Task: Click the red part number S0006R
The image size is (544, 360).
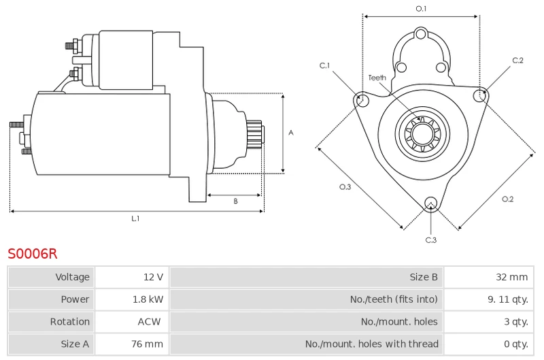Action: (32, 254)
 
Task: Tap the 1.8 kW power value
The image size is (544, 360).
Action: (148, 299)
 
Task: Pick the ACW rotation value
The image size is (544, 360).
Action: (149, 321)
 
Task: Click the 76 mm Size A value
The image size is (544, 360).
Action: (147, 344)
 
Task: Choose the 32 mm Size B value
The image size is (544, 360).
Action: (512, 277)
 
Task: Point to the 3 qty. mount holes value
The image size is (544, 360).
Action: (516, 322)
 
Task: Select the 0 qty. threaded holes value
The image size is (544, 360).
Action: (516, 344)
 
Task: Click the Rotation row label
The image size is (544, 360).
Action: (70, 321)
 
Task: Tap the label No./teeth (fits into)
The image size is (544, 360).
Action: (394, 299)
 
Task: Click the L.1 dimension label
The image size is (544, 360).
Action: (135, 218)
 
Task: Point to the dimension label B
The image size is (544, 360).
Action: (235, 201)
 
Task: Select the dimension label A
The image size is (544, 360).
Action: (291, 133)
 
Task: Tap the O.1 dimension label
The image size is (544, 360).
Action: (421, 9)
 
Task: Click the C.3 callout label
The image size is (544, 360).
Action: (431, 240)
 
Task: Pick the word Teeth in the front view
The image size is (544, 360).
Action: (377, 78)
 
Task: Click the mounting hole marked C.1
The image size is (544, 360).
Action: (362, 98)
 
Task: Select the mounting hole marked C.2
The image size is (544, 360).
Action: (480, 95)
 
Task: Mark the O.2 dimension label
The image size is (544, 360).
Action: (507, 199)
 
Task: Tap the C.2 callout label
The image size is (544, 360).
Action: (517, 61)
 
